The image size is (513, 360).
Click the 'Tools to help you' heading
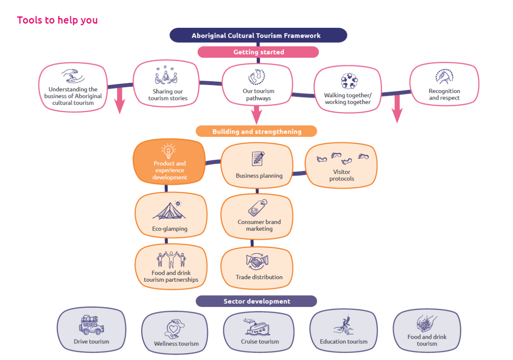click(x=57, y=20)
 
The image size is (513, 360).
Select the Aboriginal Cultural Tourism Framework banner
click(x=258, y=35)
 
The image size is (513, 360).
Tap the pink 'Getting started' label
click(x=258, y=52)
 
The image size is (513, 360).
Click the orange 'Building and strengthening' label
click(x=256, y=131)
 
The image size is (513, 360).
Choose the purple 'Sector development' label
click(x=256, y=301)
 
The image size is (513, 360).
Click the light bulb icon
click(x=168, y=151)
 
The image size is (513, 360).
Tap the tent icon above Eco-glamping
click(x=169, y=210)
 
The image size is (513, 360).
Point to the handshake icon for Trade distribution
click(x=257, y=262)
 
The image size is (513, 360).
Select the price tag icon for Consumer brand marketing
click(x=257, y=208)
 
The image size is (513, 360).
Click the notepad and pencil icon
click(x=258, y=159)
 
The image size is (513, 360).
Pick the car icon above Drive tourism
click(x=91, y=325)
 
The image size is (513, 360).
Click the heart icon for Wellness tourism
click(x=174, y=329)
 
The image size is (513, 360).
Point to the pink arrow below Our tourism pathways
click(x=256, y=115)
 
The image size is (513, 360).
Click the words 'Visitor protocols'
click(x=342, y=175)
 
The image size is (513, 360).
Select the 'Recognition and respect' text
click(x=444, y=94)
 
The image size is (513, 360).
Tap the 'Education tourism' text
click(x=344, y=342)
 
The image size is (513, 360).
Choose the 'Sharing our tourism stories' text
click(x=168, y=95)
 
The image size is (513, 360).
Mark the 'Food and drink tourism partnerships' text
click(x=171, y=276)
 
